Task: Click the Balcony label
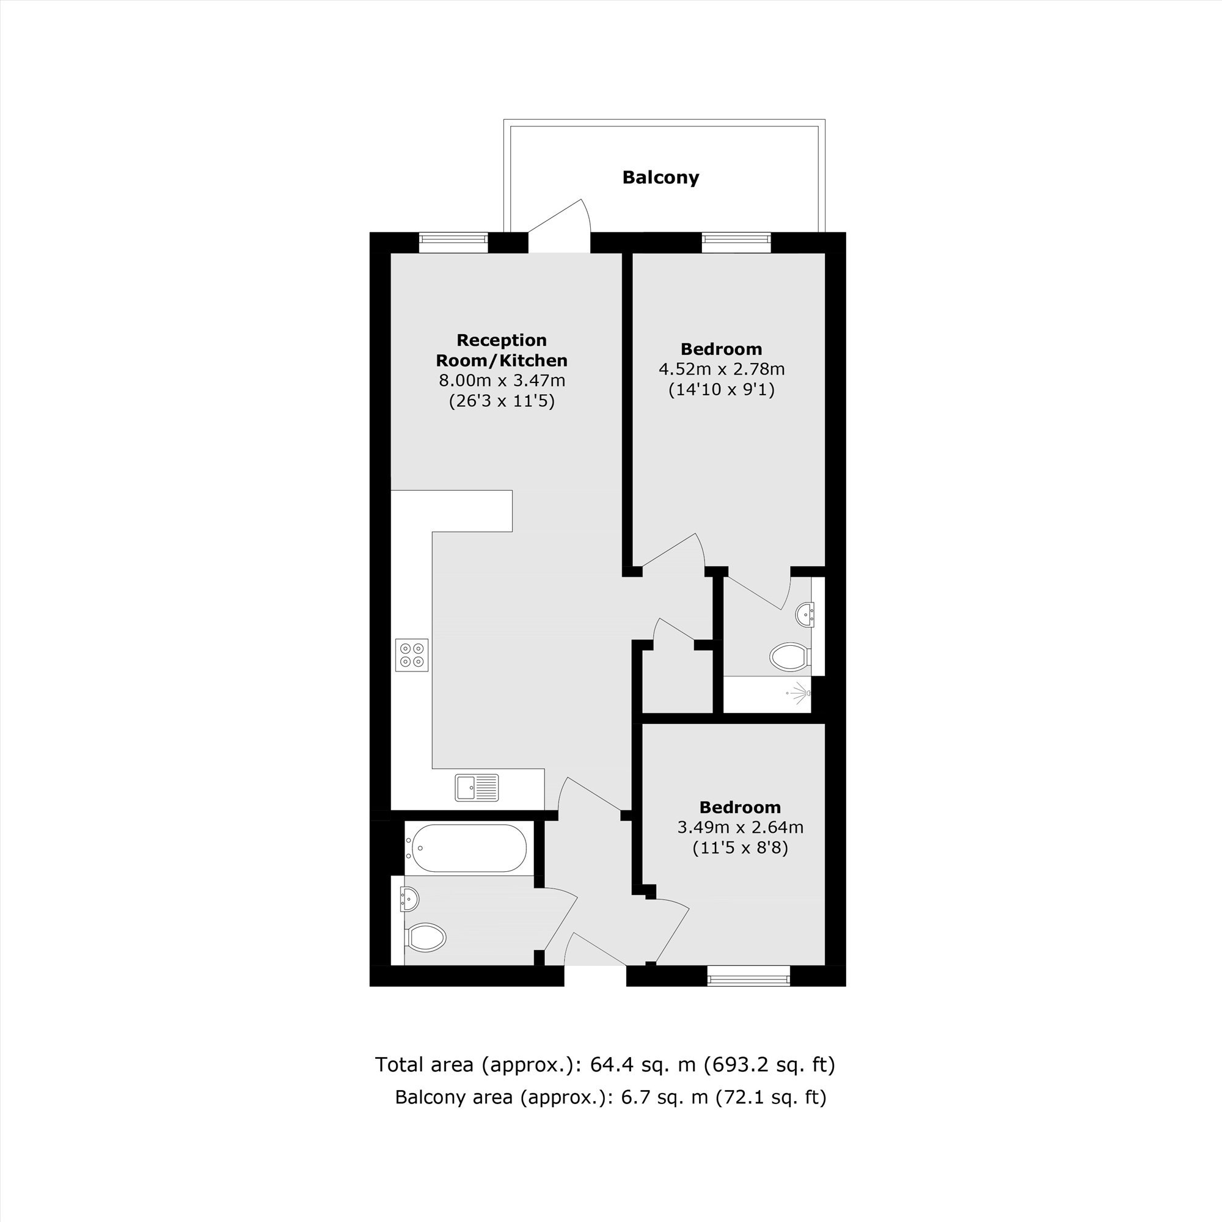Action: [x=660, y=178]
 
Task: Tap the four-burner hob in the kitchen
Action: [x=412, y=654]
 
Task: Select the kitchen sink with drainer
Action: [x=477, y=788]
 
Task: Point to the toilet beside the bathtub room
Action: [x=427, y=937]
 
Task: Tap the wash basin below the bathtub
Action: [x=409, y=898]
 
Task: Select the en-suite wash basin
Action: [x=805, y=615]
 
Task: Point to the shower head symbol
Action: [x=799, y=693]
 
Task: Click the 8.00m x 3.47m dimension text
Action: [x=502, y=381]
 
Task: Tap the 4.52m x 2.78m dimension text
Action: [x=722, y=369]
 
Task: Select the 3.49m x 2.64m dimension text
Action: [x=741, y=827]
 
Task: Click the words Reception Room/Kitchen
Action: [x=502, y=350]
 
